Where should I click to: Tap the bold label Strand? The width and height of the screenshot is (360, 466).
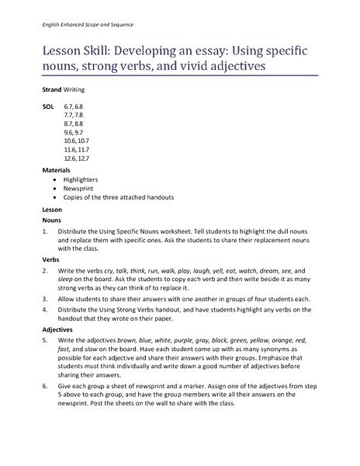click(x=51, y=90)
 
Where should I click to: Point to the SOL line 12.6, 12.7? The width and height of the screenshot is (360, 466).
click(x=78, y=158)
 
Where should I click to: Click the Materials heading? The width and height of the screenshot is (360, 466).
click(x=57, y=169)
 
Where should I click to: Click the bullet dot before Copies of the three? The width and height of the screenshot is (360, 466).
click(x=54, y=197)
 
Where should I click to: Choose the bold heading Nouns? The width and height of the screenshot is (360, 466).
click(x=52, y=220)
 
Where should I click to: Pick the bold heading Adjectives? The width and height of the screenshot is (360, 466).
click(x=58, y=329)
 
